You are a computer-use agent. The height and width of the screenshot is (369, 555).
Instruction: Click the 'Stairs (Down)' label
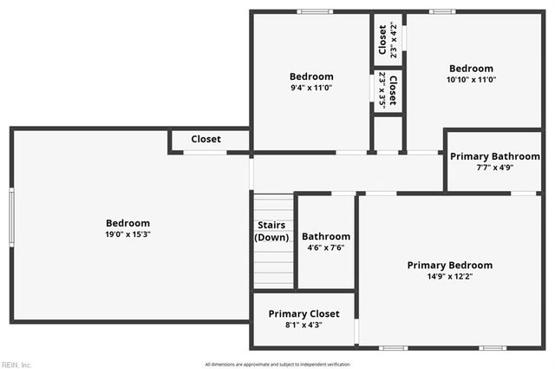(271, 231)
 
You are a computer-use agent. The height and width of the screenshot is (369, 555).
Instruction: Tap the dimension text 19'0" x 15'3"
(128, 234)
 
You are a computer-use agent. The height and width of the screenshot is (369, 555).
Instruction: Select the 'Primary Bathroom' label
(494, 156)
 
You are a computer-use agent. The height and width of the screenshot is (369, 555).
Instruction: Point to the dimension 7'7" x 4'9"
(494, 168)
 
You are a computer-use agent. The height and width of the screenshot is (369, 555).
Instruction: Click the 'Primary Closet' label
(304, 313)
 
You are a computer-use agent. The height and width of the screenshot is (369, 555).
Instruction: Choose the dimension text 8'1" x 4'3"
(304, 325)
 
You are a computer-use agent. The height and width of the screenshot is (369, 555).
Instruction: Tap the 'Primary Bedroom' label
(449, 265)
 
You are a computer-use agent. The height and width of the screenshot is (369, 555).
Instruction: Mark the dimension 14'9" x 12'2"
(449, 276)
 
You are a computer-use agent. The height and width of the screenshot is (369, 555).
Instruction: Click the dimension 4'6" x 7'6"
(326, 247)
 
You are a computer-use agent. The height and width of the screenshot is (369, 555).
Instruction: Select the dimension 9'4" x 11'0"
(310, 88)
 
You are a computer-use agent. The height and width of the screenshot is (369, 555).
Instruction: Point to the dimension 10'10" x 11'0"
(471, 80)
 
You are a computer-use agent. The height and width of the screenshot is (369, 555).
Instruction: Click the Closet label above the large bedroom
(206, 139)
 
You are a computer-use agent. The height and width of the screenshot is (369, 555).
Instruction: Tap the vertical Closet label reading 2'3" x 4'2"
(383, 39)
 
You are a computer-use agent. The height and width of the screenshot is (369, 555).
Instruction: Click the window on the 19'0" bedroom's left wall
(11, 219)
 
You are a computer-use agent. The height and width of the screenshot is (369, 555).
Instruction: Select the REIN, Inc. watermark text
(16, 365)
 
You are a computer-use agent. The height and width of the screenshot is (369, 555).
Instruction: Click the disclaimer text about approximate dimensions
(277, 364)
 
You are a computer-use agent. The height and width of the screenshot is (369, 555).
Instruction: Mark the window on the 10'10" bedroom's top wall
(442, 11)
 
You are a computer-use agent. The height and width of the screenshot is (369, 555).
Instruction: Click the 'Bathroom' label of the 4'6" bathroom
(326, 236)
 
